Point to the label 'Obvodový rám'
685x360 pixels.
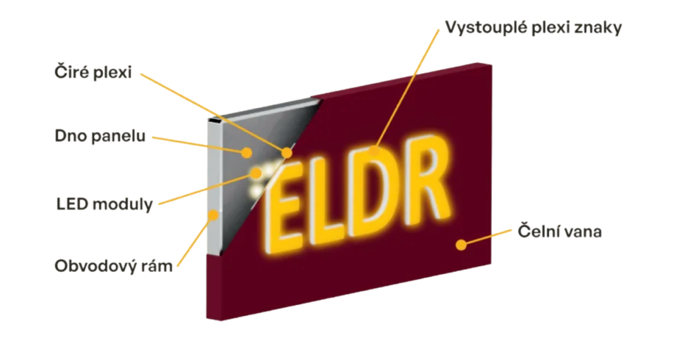[113, 265]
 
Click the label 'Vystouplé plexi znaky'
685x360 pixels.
[534, 29]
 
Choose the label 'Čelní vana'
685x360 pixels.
[559, 231]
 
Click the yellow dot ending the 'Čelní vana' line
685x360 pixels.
[461, 244]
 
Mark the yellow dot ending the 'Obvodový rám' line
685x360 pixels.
[214, 215]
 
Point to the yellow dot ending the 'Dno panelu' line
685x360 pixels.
[248, 152]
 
